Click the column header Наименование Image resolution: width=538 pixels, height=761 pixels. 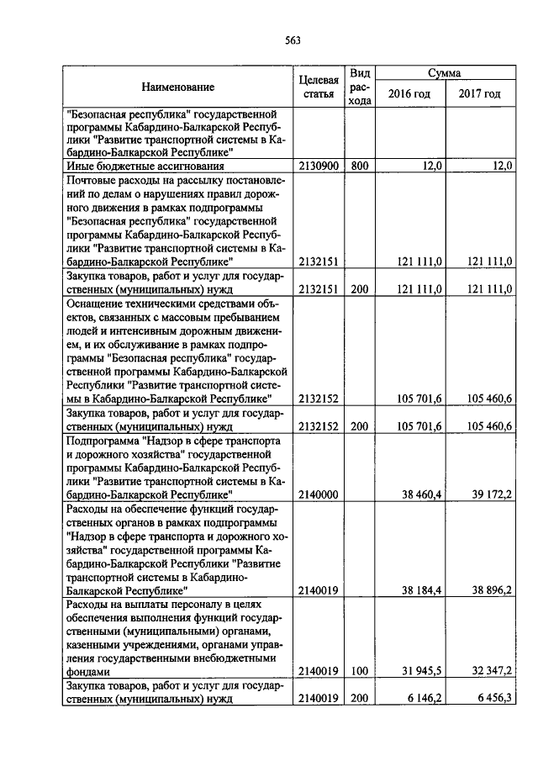coord(177,87)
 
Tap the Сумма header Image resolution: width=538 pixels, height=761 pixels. coord(443,73)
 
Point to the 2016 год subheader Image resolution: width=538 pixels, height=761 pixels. coord(409,93)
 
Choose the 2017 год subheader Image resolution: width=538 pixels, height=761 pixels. coord(479,93)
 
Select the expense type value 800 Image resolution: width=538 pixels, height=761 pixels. coord(360,166)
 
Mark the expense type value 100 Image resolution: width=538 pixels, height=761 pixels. coord(360,672)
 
